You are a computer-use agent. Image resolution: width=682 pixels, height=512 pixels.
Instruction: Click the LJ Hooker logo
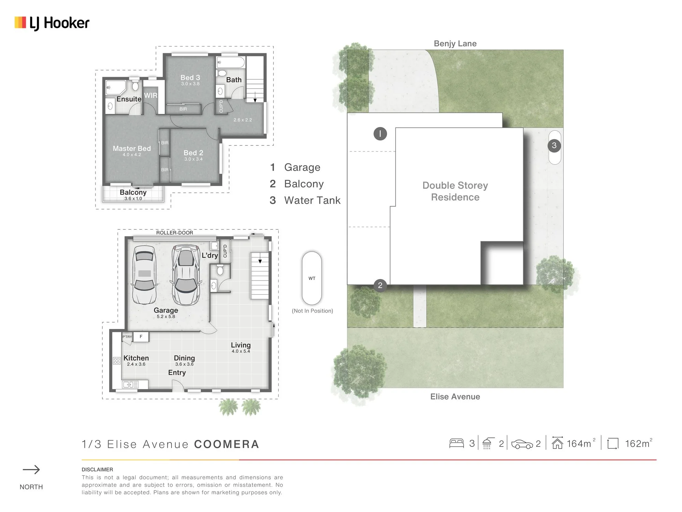[x=52, y=23]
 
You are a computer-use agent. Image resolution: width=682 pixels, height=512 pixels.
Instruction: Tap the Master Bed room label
[x=132, y=148]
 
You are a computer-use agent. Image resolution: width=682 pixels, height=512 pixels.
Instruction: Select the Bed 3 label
[x=190, y=77]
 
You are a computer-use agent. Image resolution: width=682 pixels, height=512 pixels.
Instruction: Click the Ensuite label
[x=129, y=99]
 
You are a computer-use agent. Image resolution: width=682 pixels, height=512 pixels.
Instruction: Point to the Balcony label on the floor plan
[x=133, y=192]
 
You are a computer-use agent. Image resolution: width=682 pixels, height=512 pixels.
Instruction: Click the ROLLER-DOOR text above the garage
[x=175, y=233]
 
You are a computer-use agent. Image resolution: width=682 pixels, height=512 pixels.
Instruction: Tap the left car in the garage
[x=145, y=275]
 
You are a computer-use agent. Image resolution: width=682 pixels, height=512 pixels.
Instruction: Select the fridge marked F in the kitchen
[x=141, y=337]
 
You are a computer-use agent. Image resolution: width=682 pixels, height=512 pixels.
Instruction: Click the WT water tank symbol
[x=312, y=278]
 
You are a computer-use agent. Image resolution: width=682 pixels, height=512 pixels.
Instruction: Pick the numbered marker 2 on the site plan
[x=380, y=285]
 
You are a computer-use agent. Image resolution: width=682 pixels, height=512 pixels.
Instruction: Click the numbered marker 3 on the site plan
[x=554, y=146]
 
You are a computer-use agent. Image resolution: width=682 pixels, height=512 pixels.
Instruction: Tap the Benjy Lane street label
[x=455, y=44]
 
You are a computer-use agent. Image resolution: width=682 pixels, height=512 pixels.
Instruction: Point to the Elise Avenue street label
[x=455, y=397]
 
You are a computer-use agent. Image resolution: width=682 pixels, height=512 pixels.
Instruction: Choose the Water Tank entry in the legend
[x=312, y=200]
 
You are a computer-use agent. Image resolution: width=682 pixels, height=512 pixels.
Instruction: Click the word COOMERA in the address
[x=227, y=444]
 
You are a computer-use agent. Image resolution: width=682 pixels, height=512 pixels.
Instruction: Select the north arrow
[x=31, y=470]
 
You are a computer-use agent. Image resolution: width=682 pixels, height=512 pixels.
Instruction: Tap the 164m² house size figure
[x=581, y=443]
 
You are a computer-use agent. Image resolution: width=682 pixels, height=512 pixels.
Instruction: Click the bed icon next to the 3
[x=457, y=443]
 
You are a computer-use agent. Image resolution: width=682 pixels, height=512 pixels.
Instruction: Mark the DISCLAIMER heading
[x=97, y=470]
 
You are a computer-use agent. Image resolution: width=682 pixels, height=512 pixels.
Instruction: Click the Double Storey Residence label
[x=455, y=191]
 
